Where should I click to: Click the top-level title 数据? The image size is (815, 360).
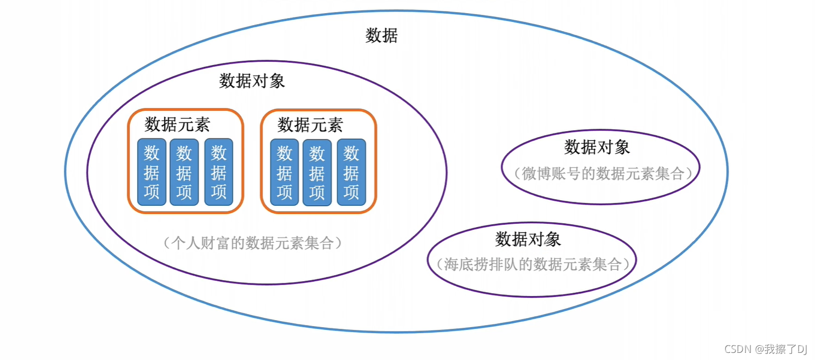pyautogui.click(x=382, y=36)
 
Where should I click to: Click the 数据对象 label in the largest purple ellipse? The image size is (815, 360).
pyautogui.click(x=252, y=81)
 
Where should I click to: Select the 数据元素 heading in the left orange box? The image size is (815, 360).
pyautogui.click(x=177, y=124)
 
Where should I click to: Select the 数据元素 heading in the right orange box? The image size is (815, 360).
pyautogui.click(x=310, y=125)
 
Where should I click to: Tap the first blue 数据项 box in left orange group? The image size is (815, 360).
pyautogui.click(x=152, y=172)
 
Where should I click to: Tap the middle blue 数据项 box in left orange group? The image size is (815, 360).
pyautogui.click(x=184, y=172)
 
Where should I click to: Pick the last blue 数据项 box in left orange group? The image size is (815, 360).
pyautogui.click(x=219, y=172)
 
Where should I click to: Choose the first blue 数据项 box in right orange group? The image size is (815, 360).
pyautogui.click(x=285, y=172)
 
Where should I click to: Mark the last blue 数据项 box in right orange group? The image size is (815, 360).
pyautogui.click(x=351, y=172)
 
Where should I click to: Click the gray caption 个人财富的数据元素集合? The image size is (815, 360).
pyautogui.click(x=252, y=243)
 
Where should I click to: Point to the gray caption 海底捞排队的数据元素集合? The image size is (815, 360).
pyautogui.click(x=533, y=264)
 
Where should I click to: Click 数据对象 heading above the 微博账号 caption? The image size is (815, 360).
pyautogui.click(x=597, y=147)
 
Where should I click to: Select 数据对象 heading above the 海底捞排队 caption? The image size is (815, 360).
pyautogui.click(x=528, y=239)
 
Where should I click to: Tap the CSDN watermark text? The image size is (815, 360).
pyautogui.click(x=738, y=349)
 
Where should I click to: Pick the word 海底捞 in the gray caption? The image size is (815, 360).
pyautogui.click(x=466, y=264)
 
